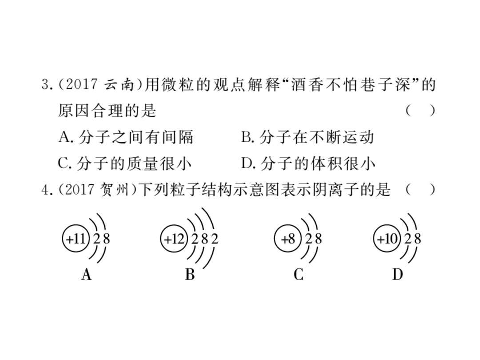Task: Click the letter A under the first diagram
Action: point(87,274)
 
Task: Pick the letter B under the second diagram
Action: point(190,274)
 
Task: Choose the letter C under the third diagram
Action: point(299,274)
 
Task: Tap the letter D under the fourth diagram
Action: point(398,274)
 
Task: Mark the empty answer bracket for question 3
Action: point(420,111)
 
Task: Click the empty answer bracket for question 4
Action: point(420,190)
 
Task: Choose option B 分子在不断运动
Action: point(308,137)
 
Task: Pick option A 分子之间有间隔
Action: point(126,137)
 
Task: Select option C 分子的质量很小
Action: point(125,163)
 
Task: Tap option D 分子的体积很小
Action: point(308,163)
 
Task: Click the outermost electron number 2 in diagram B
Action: point(215,239)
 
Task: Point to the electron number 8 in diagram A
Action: point(106,239)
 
